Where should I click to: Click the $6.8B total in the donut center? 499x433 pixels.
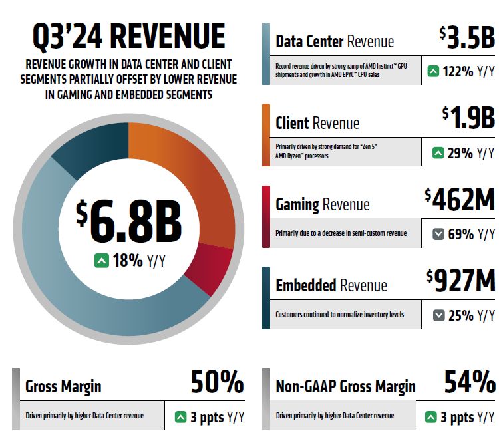tap(129, 220)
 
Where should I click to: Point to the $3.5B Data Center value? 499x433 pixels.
tap(467, 37)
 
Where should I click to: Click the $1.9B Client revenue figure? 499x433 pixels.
tap(468, 118)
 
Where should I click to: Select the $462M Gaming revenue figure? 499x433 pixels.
tap(460, 200)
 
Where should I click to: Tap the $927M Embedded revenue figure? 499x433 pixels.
tap(461, 281)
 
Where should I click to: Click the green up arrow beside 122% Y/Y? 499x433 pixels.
tap(433, 71)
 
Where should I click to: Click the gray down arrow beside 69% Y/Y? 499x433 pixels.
tap(438, 235)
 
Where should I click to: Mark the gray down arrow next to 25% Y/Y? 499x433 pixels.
tap(439, 315)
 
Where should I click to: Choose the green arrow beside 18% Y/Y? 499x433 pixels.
tap(102, 261)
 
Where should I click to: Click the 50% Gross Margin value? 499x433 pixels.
tap(218, 382)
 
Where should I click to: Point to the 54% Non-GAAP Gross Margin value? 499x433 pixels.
tap(470, 382)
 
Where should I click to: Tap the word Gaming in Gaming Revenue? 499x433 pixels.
tap(297, 205)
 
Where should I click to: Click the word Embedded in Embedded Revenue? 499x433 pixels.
tap(306, 285)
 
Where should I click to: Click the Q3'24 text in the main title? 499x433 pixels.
tap(67, 37)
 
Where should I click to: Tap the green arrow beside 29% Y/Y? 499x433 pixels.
tap(438, 153)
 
